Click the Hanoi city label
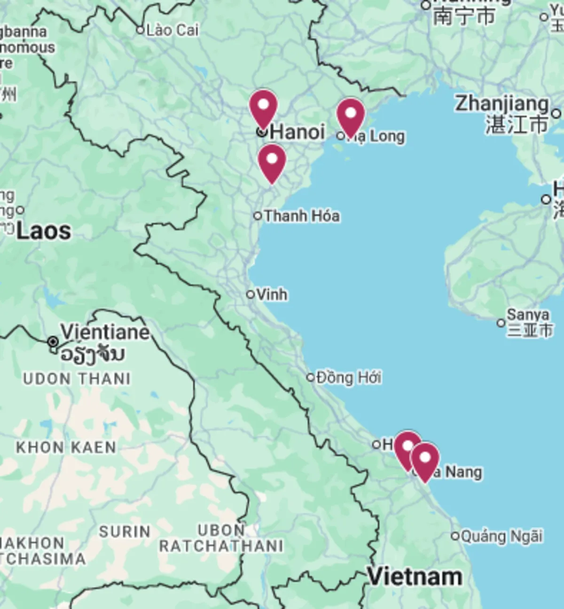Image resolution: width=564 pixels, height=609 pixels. point(297,132)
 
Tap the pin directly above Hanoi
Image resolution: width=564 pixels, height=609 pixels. point(263,108)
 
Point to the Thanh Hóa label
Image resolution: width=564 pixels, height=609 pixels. point(302,216)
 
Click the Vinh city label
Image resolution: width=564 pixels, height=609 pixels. point(272,294)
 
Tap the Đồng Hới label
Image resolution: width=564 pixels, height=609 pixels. point(349,377)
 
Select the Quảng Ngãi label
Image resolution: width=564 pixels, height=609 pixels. point(501,536)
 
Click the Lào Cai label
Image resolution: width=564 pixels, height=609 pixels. point(172,31)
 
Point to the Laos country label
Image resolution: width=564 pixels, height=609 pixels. point(44,231)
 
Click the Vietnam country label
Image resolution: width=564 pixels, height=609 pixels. point(415,577)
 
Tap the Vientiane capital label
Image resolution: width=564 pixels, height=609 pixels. point(105,332)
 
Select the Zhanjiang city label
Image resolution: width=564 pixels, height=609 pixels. point(502,104)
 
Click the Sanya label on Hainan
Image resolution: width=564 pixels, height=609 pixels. point(528,315)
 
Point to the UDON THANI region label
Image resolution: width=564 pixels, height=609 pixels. point(77,378)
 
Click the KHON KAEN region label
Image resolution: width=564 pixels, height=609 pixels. point(66,447)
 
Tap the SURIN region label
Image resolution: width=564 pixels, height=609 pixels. point(125,532)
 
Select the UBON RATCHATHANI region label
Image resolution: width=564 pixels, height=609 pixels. point(221,538)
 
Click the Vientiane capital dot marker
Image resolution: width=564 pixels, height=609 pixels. point(53,342)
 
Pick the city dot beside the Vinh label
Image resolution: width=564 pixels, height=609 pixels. point(251,294)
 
